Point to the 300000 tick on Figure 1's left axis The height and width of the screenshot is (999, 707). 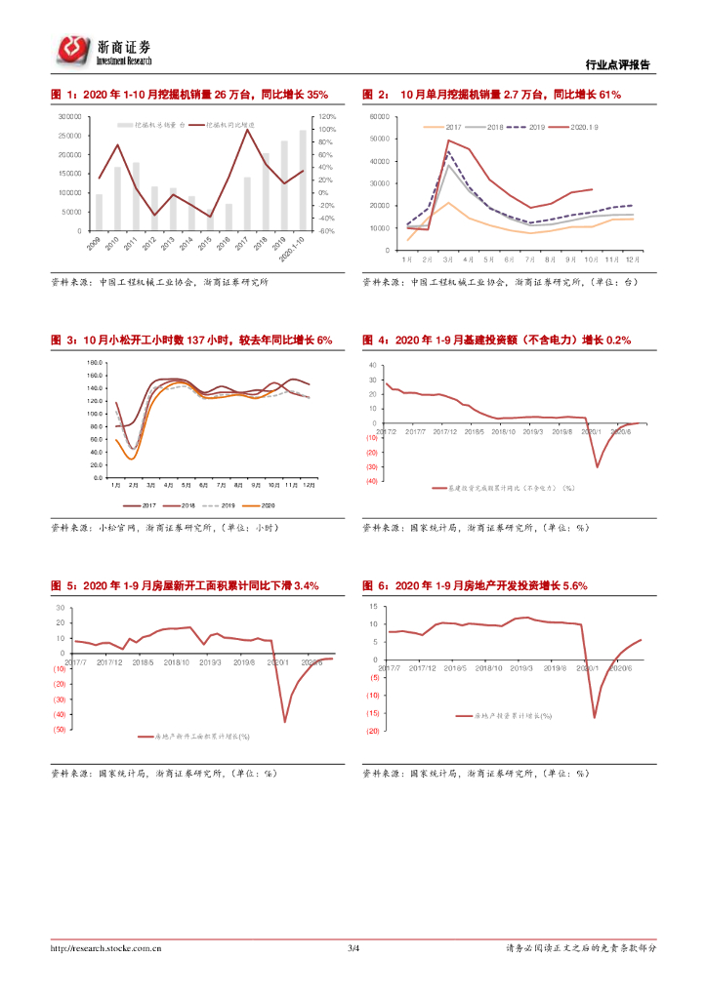point(69,116)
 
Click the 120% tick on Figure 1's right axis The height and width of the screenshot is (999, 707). point(327,116)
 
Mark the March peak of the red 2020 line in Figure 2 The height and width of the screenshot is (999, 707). point(448,140)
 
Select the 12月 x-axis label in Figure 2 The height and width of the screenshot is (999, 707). point(633,260)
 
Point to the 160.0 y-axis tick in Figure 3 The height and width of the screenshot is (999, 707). point(95,363)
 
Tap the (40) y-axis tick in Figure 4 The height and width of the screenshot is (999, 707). point(372,481)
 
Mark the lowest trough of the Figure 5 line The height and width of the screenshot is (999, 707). point(285,722)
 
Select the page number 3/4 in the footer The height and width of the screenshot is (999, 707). point(353,948)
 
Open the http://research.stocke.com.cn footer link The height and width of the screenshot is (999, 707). point(106,948)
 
